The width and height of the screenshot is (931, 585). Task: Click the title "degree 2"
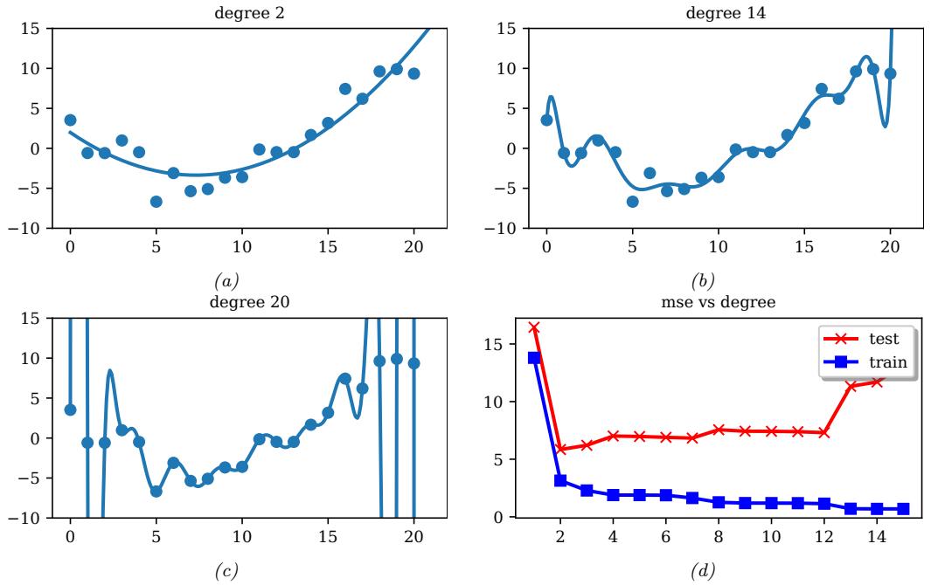pyautogui.click(x=236, y=11)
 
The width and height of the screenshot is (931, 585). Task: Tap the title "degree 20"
pyautogui.click(x=236, y=302)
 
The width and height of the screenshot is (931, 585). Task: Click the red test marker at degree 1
pyautogui.click(x=534, y=327)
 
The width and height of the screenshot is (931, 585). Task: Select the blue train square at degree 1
pyautogui.click(x=534, y=358)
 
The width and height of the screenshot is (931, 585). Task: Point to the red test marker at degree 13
pyautogui.click(x=851, y=385)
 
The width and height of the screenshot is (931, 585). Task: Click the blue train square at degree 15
pyautogui.click(x=902, y=508)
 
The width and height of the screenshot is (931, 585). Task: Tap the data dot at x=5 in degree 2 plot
pyautogui.click(x=156, y=202)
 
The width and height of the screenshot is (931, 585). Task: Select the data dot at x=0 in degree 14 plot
pyautogui.click(x=546, y=120)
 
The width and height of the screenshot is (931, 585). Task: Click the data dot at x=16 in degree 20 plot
pyautogui.click(x=345, y=379)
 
